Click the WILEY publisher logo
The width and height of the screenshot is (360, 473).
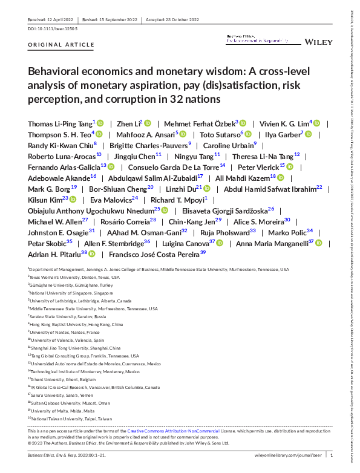pyautogui.click(x=315, y=42)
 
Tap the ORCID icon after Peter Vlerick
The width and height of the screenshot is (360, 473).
pyautogui.click(x=290, y=166)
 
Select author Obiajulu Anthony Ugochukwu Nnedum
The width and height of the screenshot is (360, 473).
pyautogui.click(x=90, y=209)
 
